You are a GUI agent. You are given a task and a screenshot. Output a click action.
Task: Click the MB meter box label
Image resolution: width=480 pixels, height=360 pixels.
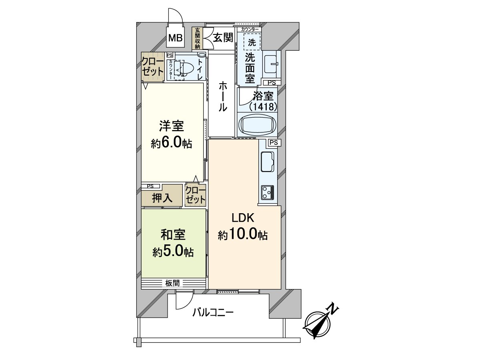pos(175,38)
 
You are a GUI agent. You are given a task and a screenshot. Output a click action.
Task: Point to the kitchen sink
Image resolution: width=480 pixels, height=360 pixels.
pos(267,162)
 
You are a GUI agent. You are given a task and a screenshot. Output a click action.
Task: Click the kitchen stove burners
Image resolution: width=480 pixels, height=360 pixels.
pos(267,192)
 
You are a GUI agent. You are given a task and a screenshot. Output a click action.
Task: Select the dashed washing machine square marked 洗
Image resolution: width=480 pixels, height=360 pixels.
pos(252,42)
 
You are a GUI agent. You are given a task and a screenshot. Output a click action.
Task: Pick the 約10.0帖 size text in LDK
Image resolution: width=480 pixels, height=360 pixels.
pos(243,235)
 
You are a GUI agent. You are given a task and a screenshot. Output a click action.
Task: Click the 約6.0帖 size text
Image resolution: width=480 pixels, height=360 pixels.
pos(172,143)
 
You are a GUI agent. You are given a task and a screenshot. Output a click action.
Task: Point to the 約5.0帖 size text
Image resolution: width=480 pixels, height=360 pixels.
pos(173,251)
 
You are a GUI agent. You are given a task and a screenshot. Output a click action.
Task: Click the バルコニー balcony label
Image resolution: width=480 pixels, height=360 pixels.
pos(212,312)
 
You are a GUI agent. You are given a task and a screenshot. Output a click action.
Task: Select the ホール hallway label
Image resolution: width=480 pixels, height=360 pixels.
pos(222,96)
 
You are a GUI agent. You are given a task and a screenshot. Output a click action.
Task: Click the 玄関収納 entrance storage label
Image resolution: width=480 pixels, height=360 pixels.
pos(197,38)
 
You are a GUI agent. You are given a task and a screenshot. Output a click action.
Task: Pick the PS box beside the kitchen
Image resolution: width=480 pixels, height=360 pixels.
pos(274,142)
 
